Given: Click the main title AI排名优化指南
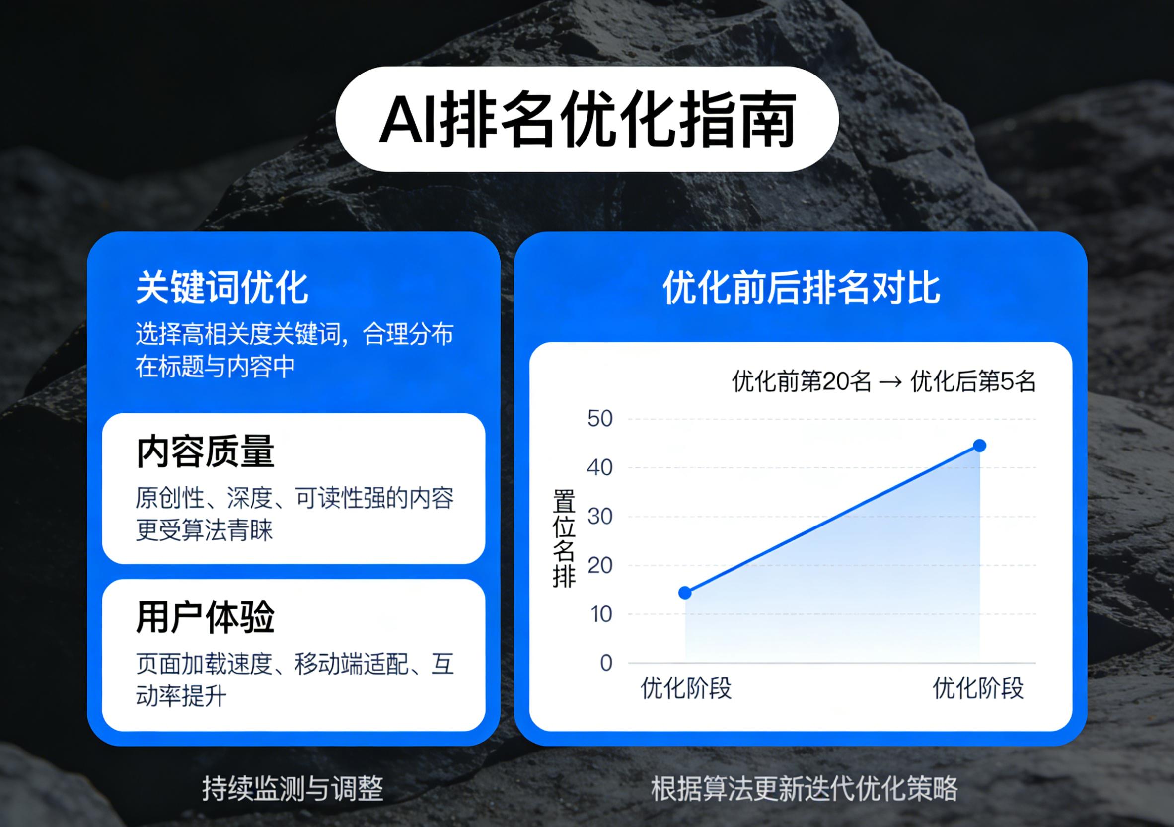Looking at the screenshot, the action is (x=587, y=119).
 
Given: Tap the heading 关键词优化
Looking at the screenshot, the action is (x=222, y=288).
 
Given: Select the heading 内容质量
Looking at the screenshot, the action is (x=206, y=451).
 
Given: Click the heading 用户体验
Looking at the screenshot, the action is (x=206, y=617).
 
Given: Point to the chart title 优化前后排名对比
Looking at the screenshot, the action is (x=801, y=288).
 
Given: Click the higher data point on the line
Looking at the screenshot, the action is (x=979, y=446).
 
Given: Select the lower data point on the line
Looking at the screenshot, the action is (x=685, y=593).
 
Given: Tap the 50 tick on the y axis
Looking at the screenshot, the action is (x=600, y=419).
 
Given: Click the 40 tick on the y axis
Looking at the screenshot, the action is (x=600, y=467).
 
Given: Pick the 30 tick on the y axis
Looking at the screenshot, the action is (x=600, y=517).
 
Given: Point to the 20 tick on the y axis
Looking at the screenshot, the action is (x=600, y=565).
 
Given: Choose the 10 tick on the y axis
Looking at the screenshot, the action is (x=601, y=614).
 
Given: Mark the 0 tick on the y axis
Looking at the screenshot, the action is (x=606, y=663).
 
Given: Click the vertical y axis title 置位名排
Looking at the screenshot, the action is (x=564, y=538).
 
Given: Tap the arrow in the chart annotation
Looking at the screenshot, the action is (x=891, y=382).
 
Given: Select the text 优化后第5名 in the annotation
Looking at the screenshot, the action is (x=973, y=381).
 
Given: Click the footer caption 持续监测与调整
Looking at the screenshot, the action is (x=293, y=788).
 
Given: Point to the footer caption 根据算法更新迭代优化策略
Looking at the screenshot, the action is (x=805, y=788).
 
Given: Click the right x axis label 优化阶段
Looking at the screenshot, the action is (x=978, y=688).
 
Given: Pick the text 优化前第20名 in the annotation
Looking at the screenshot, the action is (x=802, y=381).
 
